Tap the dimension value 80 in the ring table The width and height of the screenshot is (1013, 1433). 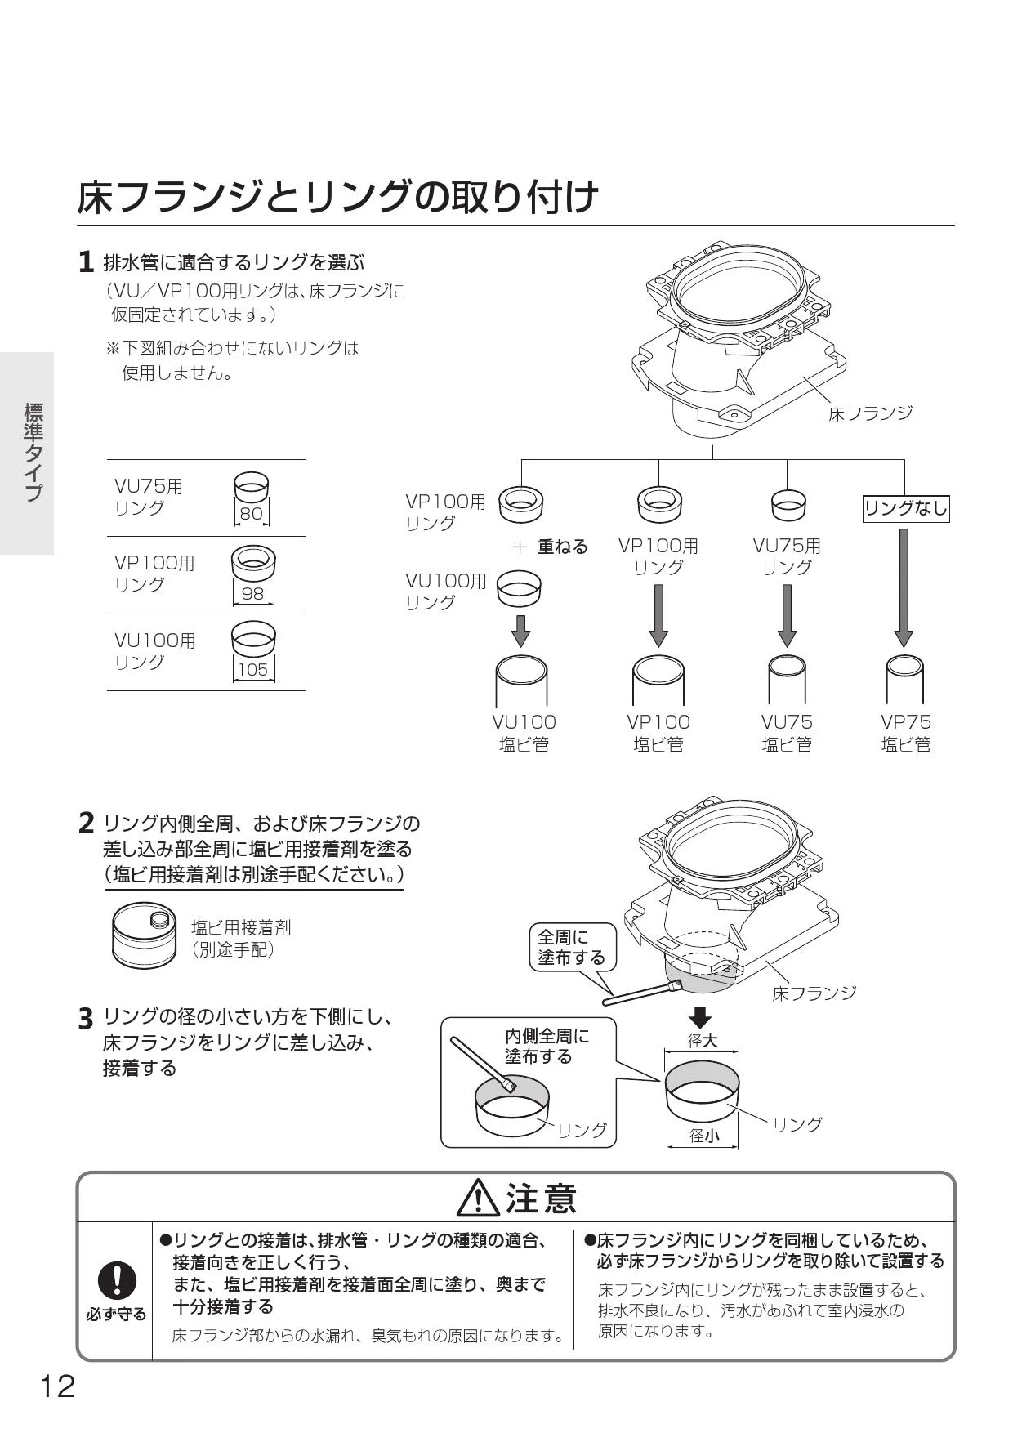pyautogui.click(x=252, y=514)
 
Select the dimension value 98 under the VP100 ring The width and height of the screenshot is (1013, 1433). pyautogui.click(x=253, y=593)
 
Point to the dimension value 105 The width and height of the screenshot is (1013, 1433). pyautogui.click(x=252, y=670)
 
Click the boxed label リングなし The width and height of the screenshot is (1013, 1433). pyautogui.click(x=906, y=509)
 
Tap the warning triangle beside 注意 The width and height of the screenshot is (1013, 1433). pyautogui.click(x=479, y=1199)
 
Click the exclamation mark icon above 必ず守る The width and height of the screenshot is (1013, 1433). pyautogui.click(x=117, y=1279)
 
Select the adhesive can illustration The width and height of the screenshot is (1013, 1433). pyautogui.click(x=144, y=933)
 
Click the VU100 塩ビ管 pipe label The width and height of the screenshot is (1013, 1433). pyautogui.click(x=524, y=733)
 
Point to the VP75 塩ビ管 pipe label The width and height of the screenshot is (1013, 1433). pyautogui.click(x=905, y=733)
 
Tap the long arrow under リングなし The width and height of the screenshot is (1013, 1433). pyautogui.click(x=904, y=587)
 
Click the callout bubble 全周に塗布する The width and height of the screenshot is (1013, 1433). pyautogui.click(x=571, y=947)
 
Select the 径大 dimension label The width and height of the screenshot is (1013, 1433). pyautogui.click(x=702, y=1041)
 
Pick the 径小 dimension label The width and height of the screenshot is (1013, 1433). pyautogui.click(x=703, y=1136)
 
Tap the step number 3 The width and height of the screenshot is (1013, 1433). pyautogui.click(x=86, y=1020)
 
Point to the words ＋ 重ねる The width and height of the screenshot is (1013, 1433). pyautogui.click(x=550, y=547)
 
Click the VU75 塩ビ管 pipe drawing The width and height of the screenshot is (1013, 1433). pyautogui.click(x=787, y=678)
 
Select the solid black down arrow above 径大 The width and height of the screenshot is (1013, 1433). pyautogui.click(x=700, y=1017)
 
